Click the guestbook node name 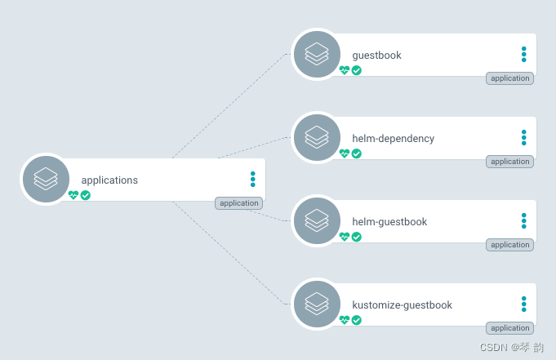click(x=376, y=56)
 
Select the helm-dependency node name click(x=393, y=139)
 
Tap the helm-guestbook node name click(x=389, y=222)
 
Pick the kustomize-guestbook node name click(x=402, y=305)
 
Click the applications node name click(x=109, y=180)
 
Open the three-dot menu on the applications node click(x=253, y=179)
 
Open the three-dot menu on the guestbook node click(x=524, y=54)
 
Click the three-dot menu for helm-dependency click(x=524, y=137)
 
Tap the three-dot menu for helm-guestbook click(x=524, y=220)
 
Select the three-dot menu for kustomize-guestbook click(x=524, y=304)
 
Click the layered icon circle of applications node click(x=46, y=179)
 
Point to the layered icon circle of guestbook click(x=316, y=54)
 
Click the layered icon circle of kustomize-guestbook click(x=316, y=304)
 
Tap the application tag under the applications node click(x=238, y=203)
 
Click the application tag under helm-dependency click(x=510, y=162)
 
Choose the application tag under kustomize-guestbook click(x=510, y=328)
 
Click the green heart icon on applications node click(x=73, y=195)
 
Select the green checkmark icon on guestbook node click(x=357, y=70)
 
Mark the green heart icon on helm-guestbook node click(x=345, y=237)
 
